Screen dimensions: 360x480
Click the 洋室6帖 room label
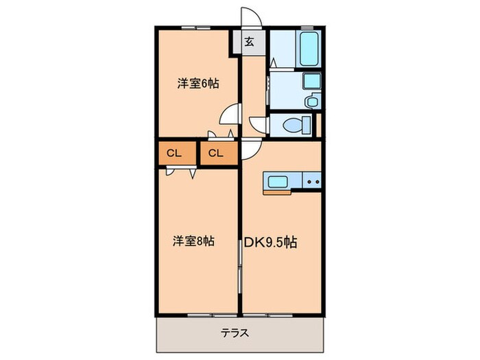[x=197, y=84]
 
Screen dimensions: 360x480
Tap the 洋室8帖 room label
[x=193, y=241]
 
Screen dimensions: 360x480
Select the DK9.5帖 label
[x=271, y=242]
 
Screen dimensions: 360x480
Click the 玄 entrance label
[x=250, y=42]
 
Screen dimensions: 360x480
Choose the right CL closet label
[x=216, y=153]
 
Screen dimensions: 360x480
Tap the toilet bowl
[x=291, y=125]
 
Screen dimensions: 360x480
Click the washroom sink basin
[x=312, y=82]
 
